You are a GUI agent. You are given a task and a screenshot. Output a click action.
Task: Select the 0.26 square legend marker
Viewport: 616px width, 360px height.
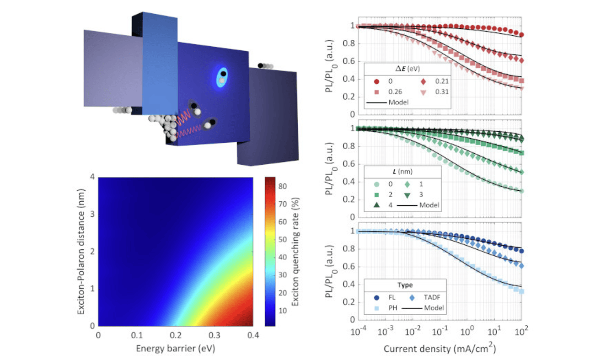click(377, 91)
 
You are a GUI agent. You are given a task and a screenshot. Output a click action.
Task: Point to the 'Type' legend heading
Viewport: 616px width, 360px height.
click(405, 285)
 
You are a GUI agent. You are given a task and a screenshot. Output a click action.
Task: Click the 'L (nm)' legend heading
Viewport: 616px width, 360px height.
click(402, 171)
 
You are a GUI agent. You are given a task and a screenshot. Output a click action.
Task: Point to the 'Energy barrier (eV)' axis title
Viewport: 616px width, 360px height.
click(175, 349)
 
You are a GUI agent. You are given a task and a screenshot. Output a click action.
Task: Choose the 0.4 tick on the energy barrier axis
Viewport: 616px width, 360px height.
click(252, 335)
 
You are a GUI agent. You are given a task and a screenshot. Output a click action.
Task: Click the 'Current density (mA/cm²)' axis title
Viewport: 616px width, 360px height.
click(440, 349)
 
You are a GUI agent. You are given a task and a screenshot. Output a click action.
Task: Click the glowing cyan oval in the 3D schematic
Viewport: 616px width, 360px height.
click(222, 77)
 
